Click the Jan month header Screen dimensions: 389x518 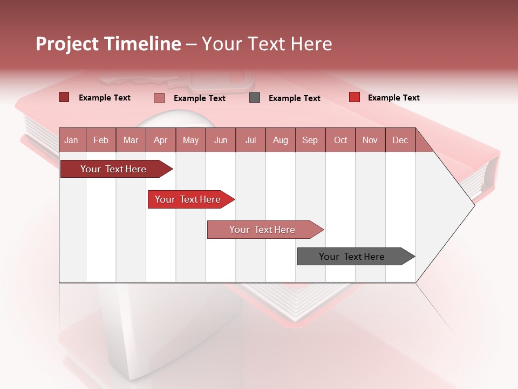pos(71,140)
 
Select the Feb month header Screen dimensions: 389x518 pos(101,140)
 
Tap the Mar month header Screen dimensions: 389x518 pos(131,140)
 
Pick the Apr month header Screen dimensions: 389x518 pos(160,140)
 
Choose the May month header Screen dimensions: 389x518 pos(190,140)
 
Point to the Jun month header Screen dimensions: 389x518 pos(221,140)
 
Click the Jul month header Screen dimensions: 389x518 pos(250,140)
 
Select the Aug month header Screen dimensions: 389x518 pos(280,140)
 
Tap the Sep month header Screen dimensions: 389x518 pos(310,140)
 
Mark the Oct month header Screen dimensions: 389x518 pos(340,140)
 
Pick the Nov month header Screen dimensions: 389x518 pos(370,140)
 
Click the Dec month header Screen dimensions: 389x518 pos(400,140)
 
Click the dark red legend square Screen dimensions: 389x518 pos(64,97)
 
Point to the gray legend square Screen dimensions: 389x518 pos(255,97)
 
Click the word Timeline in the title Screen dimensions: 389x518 pos(142,44)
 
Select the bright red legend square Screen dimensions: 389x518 pos(354,97)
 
